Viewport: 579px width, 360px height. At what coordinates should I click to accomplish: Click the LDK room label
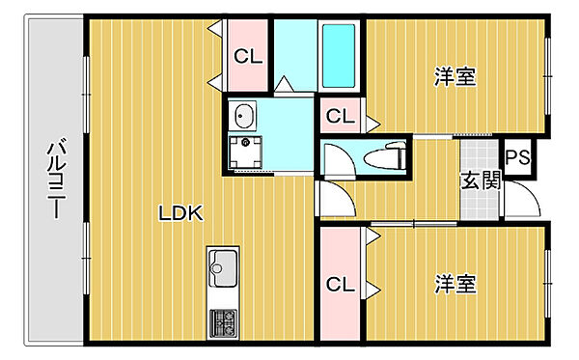(x=180, y=213)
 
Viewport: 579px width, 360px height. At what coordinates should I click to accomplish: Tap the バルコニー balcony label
(x=57, y=179)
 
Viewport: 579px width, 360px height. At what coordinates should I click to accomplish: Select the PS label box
(x=517, y=157)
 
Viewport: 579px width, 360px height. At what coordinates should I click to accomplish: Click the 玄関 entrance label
(x=481, y=180)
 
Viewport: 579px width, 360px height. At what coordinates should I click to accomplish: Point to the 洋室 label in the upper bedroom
(x=455, y=76)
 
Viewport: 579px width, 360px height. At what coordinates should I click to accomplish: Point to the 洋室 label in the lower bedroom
(x=455, y=284)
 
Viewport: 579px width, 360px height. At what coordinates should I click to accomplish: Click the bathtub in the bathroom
(x=339, y=56)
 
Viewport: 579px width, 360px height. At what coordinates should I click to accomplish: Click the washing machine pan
(x=245, y=152)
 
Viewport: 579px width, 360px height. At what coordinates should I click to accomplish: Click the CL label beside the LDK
(x=248, y=57)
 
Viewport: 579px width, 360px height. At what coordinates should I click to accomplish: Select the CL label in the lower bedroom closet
(x=340, y=285)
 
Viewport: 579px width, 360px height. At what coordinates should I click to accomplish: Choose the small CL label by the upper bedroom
(x=340, y=117)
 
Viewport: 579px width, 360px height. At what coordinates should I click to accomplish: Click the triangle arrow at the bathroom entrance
(x=284, y=83)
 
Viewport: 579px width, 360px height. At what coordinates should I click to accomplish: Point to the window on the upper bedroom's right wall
(x=547, y=76)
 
